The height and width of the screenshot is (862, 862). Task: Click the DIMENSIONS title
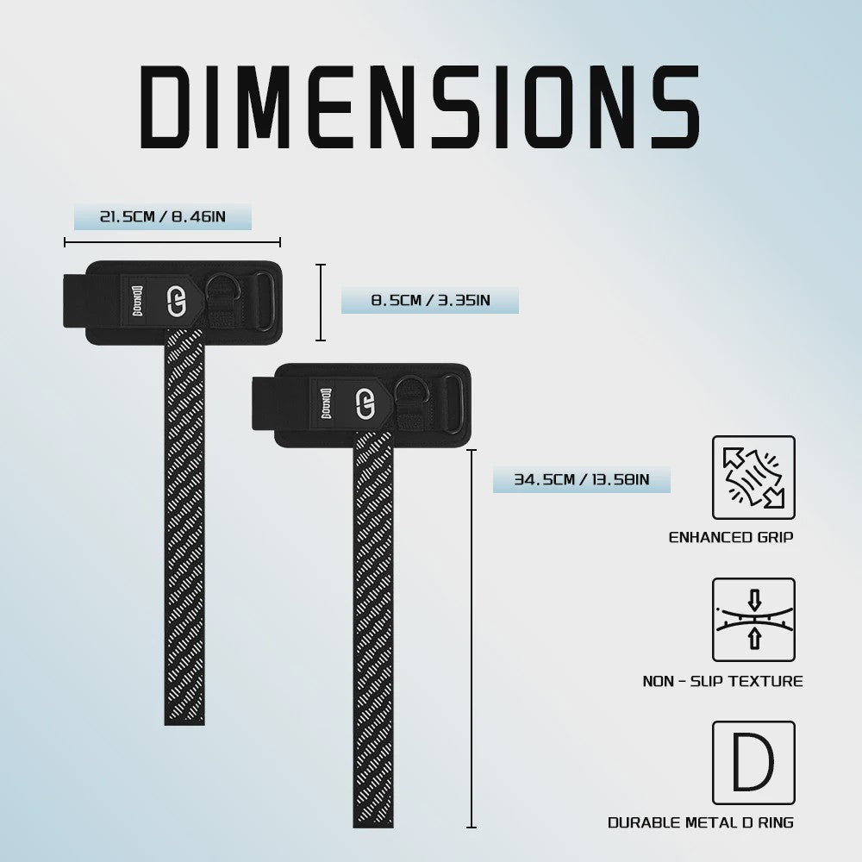pyautogui.click(x=420, y=107)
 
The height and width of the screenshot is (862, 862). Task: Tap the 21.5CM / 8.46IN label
pyautogui.click(x=163, y=216)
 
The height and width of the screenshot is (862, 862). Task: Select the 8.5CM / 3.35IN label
pyautogui.click(x=430, y=301)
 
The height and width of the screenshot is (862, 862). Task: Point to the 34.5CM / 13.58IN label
pyautogui.click(x=582, y=479)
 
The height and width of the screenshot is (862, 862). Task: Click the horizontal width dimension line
pyautogui.click(x=172, y=242)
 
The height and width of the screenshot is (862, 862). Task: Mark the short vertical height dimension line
pyautogui.click(x=321, y=303)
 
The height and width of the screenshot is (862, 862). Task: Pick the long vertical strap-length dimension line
pyautogui.click(x=472, y=638)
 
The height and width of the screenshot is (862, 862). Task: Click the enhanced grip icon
pyautogui.click(x=753, y=478)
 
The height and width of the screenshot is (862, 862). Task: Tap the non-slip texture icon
pyautogui.click(x=753, y=620)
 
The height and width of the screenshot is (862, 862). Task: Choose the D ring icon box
pyautogui.click(x=753, y=763)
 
